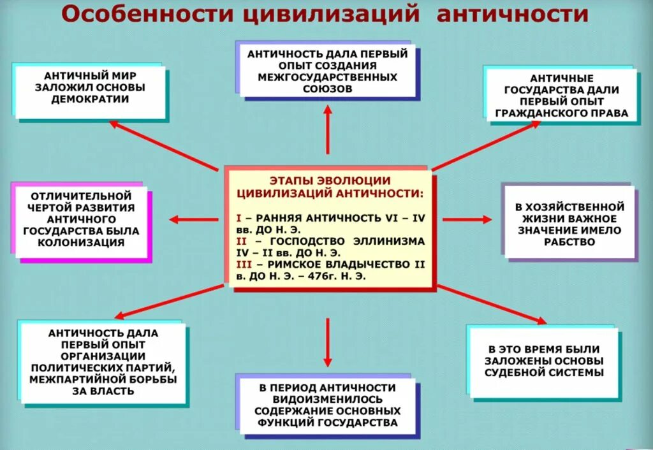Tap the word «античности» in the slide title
512,14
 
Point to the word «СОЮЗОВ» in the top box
327,89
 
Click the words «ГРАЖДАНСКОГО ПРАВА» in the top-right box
562,113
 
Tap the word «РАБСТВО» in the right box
569,242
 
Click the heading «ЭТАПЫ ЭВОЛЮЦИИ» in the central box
330,180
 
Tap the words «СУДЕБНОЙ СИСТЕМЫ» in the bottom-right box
544,372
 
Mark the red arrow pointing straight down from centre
328,340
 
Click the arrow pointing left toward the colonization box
194,219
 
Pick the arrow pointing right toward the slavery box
467,219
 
